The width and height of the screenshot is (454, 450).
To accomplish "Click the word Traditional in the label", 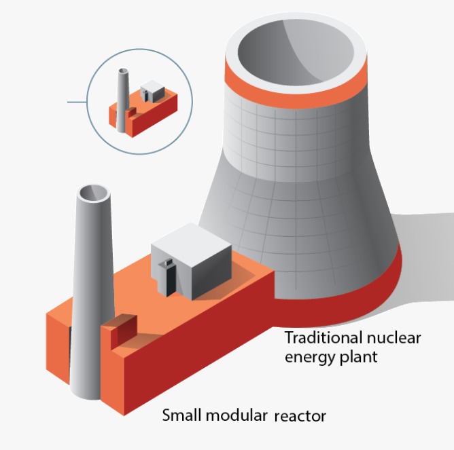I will point(320,338).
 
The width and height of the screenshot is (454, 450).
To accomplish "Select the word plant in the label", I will point(358,356).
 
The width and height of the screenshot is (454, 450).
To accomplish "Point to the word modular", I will point(235,415).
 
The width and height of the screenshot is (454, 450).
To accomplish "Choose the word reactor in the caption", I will point(300,415).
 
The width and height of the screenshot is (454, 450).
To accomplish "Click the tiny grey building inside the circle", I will point(153,91).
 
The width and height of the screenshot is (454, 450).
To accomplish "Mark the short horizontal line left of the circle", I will point(77,102).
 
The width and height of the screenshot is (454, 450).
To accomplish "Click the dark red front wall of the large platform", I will point(190,367).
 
